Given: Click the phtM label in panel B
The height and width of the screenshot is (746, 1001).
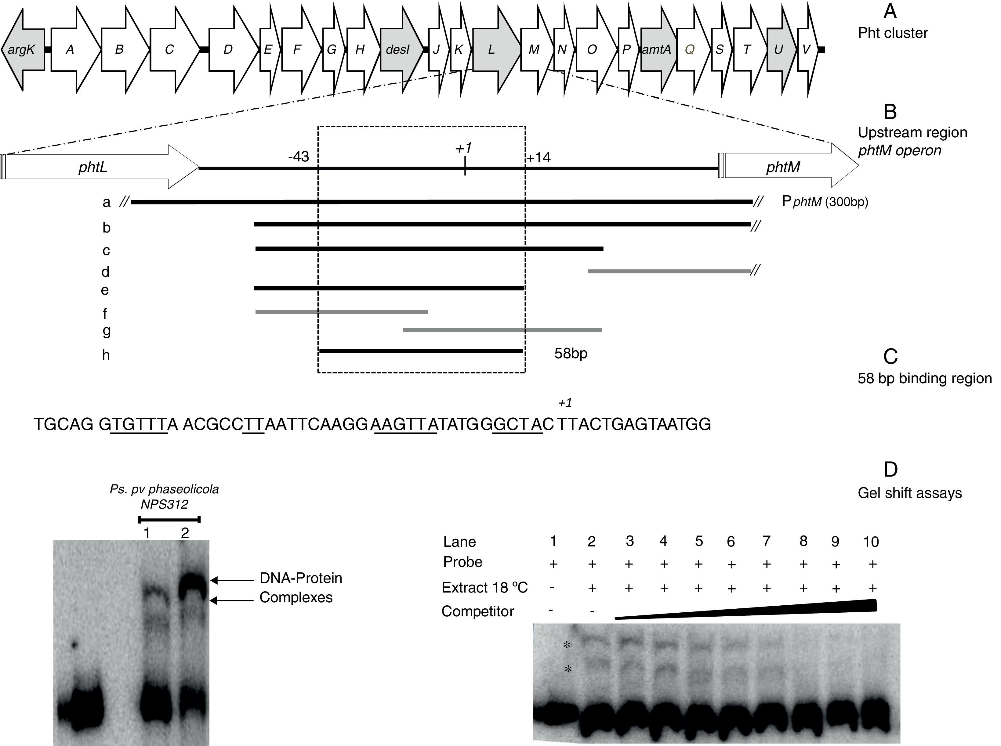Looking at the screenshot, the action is [783, 168].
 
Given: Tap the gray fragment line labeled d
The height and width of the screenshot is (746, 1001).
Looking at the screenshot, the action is [669, 271].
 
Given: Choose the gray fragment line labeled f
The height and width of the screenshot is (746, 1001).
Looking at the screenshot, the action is [341, 312].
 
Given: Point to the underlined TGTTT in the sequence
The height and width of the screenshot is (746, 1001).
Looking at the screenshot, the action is [139, 424].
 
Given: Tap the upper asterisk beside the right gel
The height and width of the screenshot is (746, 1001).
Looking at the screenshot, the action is [567, 645].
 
